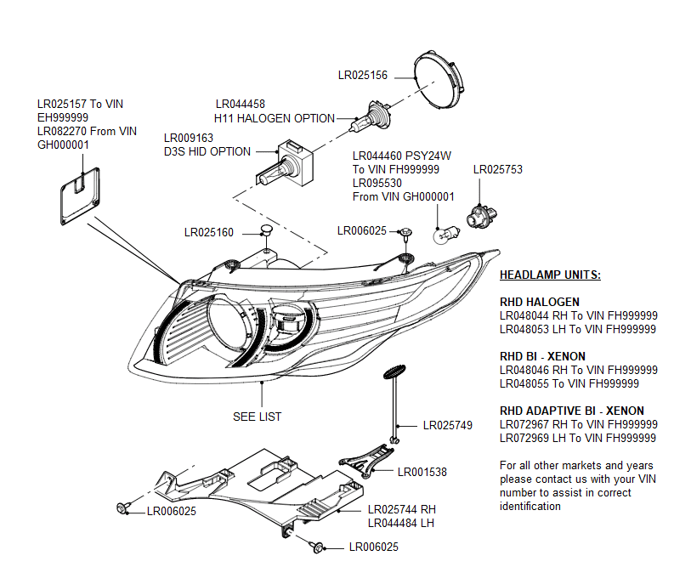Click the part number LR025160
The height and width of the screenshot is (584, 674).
pyautogui.click(x=208, y=232)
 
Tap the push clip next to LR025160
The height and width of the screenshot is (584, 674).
pyautogui.click(x=266, y=230)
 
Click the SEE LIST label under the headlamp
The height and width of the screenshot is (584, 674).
pyautogui.click(x=257, y=417)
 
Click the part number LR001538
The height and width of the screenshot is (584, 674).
pyautogui.click(x=422, y=472)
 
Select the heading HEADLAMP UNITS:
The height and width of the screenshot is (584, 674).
pyautogui.click(x=550, y=275)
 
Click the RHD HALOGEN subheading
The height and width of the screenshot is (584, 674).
pyautogui.click(x=540, y=302)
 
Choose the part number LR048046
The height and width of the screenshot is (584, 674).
pyautogui.click(x=524, y=370)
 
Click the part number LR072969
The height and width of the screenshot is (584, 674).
pyautogui.click(x=524, y=438)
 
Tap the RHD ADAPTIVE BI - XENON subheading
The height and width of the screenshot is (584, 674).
pyautogui.click(x=571, y=411)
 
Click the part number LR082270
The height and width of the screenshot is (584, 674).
pyautogui.click(x=62, y=131)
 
